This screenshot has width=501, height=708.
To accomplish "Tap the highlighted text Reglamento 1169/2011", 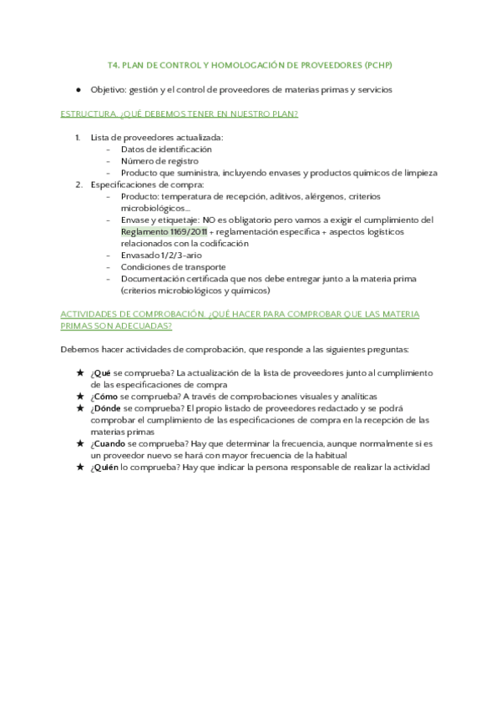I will tap(164, 231).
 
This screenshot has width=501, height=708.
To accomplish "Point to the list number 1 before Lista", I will tap(77, 137).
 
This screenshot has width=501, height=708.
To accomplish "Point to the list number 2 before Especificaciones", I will tap(78, 185).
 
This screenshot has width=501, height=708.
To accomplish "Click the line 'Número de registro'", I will tap(159, 160).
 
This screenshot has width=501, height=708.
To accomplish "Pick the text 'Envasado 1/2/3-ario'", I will tap(161, 255).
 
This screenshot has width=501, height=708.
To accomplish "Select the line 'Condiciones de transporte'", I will tap(173, 266).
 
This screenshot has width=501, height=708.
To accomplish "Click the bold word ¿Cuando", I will tap(108, 444).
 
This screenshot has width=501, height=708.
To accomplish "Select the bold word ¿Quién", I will tap(105, 468).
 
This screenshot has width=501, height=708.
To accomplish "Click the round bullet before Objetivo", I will tap(78, 89).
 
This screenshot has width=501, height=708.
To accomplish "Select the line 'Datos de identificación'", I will tap(166, 149).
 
